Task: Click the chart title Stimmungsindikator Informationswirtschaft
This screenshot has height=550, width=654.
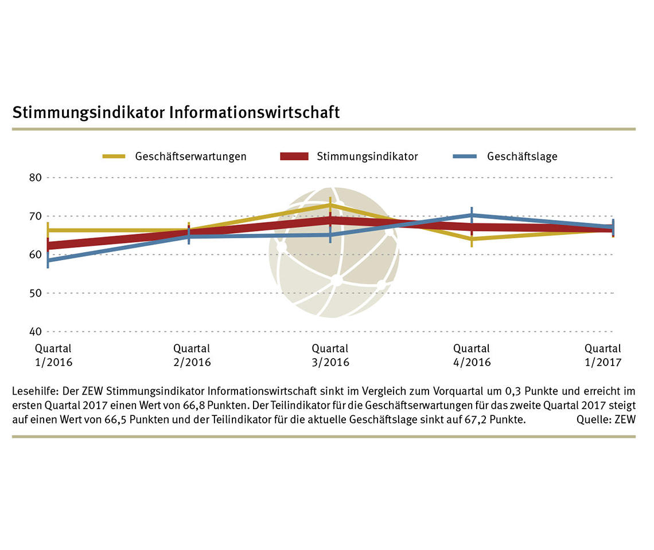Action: [176, 112]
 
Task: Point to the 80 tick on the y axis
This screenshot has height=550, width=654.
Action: [36, 178]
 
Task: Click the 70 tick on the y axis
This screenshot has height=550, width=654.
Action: [36, 216]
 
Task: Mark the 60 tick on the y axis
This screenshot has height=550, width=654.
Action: [36, 254]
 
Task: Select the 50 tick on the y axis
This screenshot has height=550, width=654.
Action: [36, 293]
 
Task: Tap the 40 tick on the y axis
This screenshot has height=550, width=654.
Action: [36, 331]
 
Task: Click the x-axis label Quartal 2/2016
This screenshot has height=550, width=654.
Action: [192, 355]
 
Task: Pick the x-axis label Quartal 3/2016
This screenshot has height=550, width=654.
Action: [330, 355]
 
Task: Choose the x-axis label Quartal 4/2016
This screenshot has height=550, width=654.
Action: [472, 355]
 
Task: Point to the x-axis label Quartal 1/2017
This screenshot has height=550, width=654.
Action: [602, 355]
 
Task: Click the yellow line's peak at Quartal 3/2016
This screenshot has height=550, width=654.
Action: [330, 205]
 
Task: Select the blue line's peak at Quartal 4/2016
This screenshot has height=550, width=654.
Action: [472, 215]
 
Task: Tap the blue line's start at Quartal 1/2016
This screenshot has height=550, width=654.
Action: [48, 260]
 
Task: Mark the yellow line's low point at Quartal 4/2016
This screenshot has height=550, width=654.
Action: [472, 238]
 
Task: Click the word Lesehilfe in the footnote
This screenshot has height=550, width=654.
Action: [32, 392]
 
